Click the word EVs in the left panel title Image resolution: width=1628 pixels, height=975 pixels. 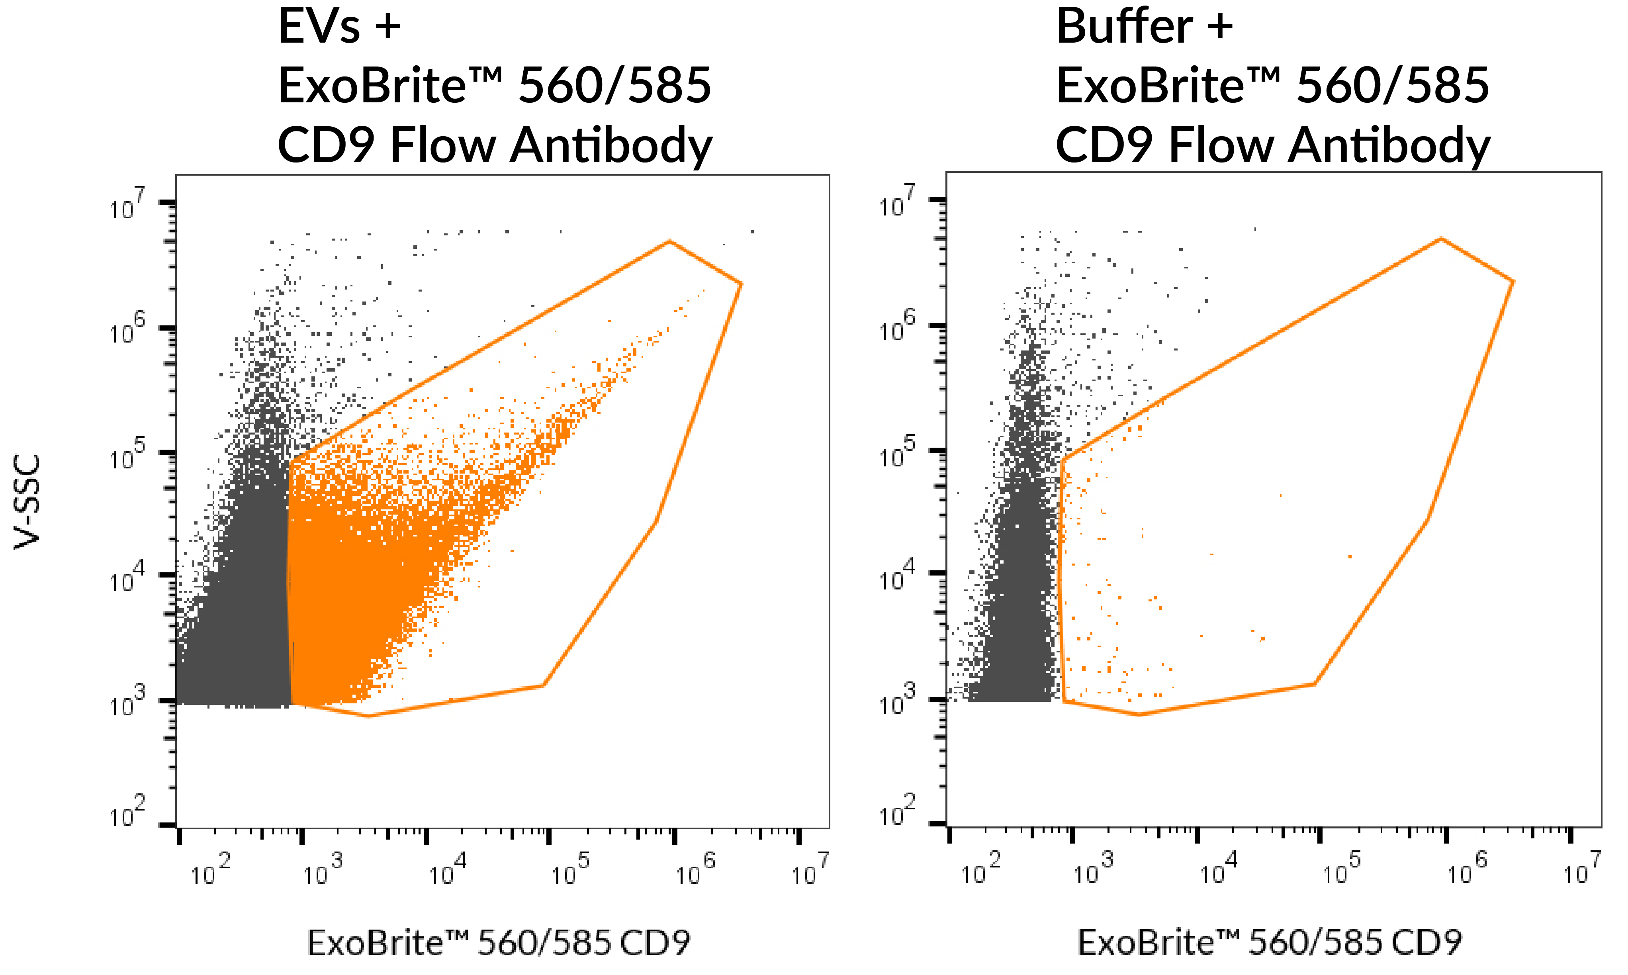pyautogui.click(x=319, y=27)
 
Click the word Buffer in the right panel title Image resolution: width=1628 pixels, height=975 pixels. pyautogui.click(x=1124, y=27)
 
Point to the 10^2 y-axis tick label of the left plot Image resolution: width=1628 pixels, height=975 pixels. pyautogui.click(x=126, y=813)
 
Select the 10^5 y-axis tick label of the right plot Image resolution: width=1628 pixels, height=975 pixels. pyautogui.click(x=897, y=453)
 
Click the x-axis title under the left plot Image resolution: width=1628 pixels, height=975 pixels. pyautogui.click(x=499, y=943)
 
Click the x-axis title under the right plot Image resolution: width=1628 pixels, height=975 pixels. pyautogui.click(x=1270, y=943)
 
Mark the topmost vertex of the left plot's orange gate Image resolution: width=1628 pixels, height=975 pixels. pyautogui.click(x=669, y=241)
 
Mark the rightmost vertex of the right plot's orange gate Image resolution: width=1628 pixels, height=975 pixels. pyautogui.click(x=1513, y=282)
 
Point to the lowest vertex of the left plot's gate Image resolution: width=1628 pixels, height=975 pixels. pyautogui.click(x=368, y=715)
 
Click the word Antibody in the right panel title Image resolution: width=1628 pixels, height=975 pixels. pyautogui.click(x=1389, y=146)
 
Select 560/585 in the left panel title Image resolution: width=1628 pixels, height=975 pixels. pyautogui.click(x=615, y=86)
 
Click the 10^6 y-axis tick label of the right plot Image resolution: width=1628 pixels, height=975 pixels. pyautogui.click(x=897, y=327)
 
